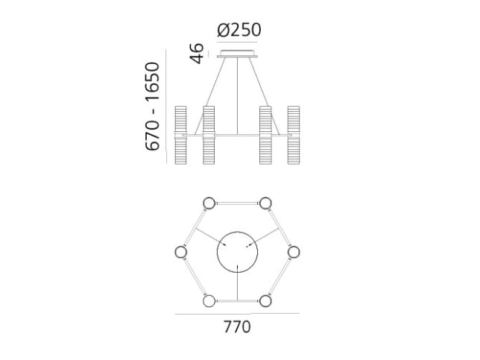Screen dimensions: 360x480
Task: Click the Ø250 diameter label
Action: coord(239,31)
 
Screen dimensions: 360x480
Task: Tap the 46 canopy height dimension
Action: coord(197,54)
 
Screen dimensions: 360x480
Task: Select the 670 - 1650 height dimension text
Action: coord(154,107)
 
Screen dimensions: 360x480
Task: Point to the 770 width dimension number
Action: coord(236,326)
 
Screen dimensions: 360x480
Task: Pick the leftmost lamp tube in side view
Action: coord(180,136)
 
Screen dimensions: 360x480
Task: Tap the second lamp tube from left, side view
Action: coord(208,136)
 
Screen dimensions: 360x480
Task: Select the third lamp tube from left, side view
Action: coord(265,136)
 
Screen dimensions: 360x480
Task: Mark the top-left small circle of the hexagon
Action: coord(209,203)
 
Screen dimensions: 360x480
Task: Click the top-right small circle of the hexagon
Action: coord(265,203)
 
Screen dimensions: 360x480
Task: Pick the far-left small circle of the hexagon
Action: coord(180,251)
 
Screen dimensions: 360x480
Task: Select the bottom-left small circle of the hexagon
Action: coord(209,300)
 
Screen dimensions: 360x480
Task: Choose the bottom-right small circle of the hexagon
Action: coord(265,300)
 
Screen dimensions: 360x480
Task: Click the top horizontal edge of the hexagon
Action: coord(237,203)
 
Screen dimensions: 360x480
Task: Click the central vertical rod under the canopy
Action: coord(238,97)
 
